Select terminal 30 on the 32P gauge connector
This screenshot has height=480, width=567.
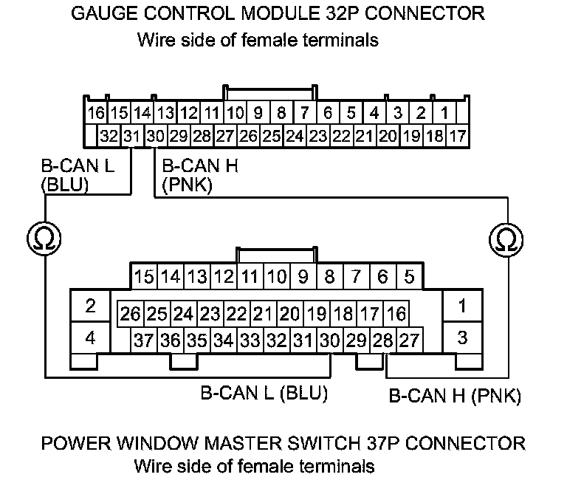(155, 136)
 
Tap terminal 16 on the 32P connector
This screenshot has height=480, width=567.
(96, 114)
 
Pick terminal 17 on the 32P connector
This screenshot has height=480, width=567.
(457, 136)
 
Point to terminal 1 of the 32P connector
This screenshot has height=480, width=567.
(444, 114)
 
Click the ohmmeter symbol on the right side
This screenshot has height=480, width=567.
(506, 239)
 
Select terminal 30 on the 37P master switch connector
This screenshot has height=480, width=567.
(329, 340)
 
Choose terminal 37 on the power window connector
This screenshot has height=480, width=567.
(144, 340)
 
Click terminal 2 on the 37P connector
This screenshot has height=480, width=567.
(91, 306)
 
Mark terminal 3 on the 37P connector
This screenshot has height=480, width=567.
(462, 339)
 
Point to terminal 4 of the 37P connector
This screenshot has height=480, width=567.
(91, 339)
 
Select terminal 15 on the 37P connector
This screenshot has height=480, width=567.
(144, 277)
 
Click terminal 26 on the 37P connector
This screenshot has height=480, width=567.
(131, 314)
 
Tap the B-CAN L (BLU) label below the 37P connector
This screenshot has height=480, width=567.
(264, 391)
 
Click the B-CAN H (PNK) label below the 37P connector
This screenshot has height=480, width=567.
(455, 397)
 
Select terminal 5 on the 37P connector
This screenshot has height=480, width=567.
(409, 277)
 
